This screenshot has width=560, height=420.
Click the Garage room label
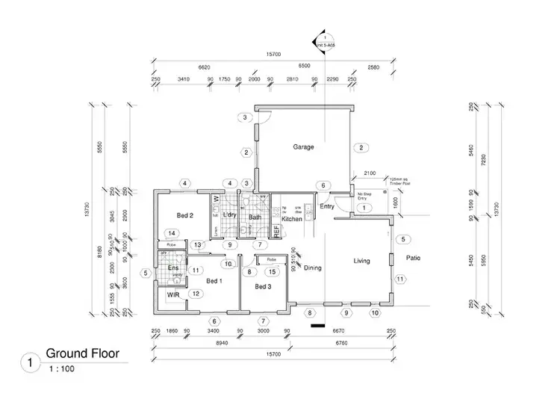(x=303, y=147)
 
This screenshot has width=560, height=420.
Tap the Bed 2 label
(x=185, y=215)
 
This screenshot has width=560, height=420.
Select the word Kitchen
(x=292, y=219)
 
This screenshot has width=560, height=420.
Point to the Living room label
(x=361, y=261)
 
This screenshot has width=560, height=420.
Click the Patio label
(x=413, y=259)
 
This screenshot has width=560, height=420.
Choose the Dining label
(x=312, y=268)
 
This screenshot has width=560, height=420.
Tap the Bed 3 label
(x=264, y=287)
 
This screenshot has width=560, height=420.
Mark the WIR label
(x=173, y=296)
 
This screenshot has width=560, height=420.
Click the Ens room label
(x=172, y=268)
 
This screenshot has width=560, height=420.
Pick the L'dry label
(x=229, y=216)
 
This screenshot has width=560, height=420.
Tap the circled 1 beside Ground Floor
(x=29, y=362)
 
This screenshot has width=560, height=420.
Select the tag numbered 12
(x=195, y=294)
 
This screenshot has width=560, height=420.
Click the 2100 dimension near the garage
(x=369, y=173)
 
